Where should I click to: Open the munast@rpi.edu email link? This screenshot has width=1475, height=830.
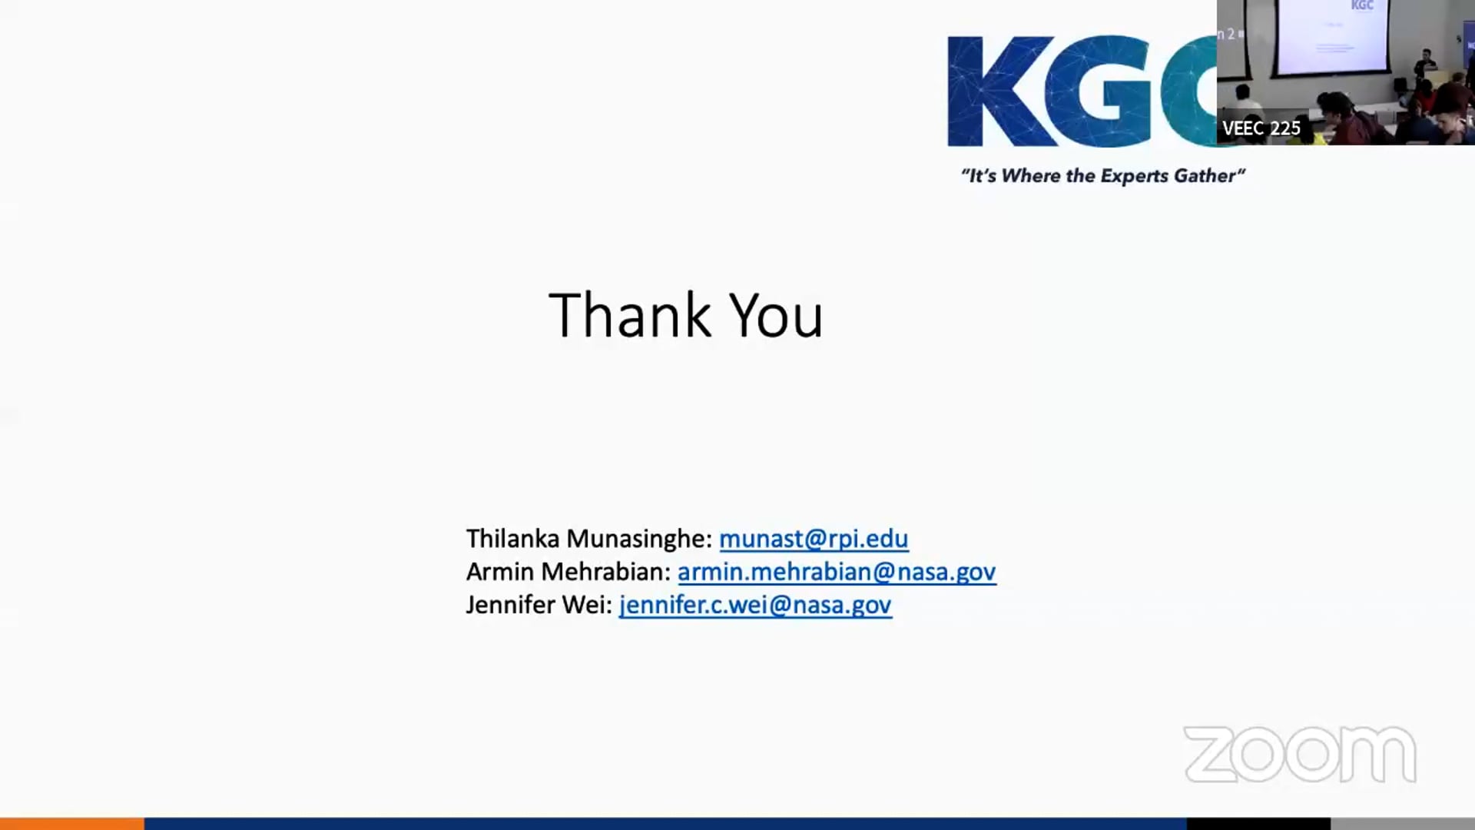click(814, 539)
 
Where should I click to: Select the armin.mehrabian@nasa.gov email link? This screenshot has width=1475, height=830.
click(837, 572)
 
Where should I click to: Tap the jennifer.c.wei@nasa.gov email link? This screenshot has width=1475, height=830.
click(755, 605)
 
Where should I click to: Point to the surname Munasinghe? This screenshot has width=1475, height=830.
click(638, 539)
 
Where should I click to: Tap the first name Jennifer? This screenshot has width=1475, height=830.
click(510, 605)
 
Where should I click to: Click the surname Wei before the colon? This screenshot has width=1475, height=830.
click(586, 605)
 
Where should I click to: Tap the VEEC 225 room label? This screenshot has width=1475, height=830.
click(1261, 128)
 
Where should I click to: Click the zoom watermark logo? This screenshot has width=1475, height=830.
click(1300, 755)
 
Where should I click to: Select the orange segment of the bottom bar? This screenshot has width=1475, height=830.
click(71, 824)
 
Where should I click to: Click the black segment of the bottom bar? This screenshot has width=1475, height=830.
click(1258, 824)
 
